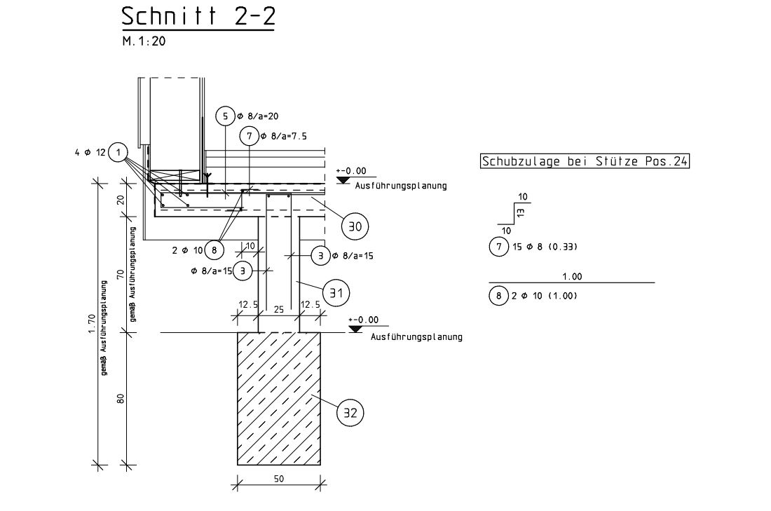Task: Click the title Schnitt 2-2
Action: tap(198, 17)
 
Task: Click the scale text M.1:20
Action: tap(144, 41)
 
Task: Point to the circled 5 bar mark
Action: tap(226, 116)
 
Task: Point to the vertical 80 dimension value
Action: tap(121, 398)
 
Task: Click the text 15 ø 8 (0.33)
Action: tap(546, 247)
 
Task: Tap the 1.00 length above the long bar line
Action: tap(572, 277)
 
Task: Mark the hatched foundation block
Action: tap(279, 397)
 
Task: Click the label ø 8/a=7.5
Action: tap(283, 137)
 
